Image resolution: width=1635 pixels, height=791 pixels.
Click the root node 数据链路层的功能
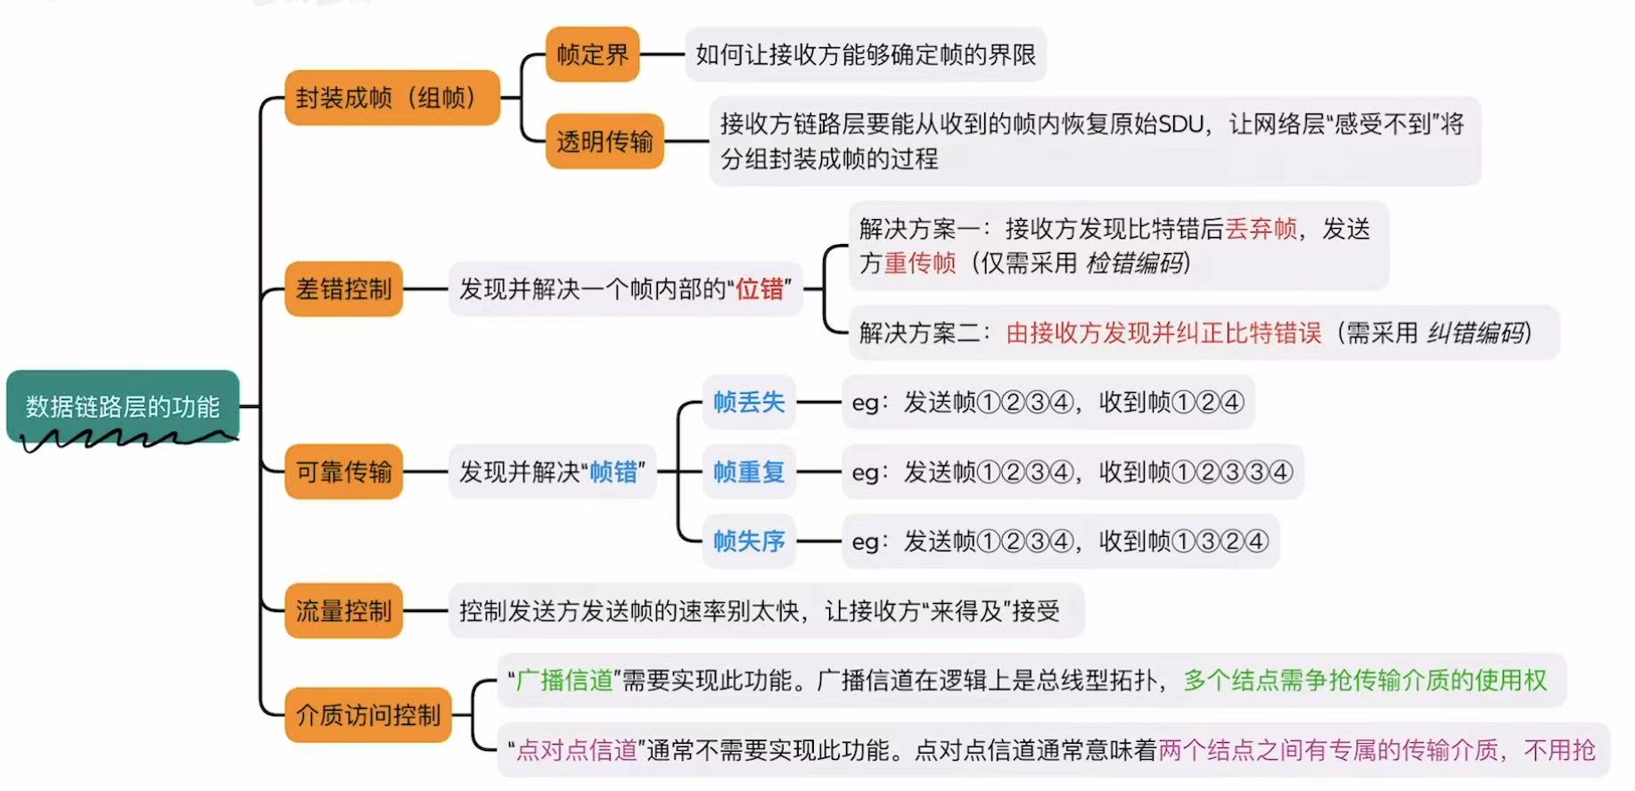click(x=122, y=406)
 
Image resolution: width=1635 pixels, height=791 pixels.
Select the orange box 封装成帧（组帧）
click(x=390, y=97)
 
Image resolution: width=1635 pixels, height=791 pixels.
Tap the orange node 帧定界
click(x=592, y=54)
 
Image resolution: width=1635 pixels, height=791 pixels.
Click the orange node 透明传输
click(x=604, y=141)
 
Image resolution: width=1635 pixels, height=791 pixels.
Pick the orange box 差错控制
click(x=343, y=289)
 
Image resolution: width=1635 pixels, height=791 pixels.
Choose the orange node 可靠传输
click(x=343, y=471)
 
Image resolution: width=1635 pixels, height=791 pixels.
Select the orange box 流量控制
click(x=343, y=610)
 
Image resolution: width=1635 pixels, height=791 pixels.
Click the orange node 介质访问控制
click(x=367, y=714)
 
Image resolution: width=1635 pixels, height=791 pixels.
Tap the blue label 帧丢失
click(x=748, y=402)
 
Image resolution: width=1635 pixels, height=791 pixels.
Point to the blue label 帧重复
click(x=748, y=471)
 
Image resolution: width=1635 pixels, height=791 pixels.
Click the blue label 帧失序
click(x=748, y=541)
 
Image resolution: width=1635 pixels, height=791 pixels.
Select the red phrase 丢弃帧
click(x=1261, y=229)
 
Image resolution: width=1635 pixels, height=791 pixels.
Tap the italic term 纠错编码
click(x=1475, y=332)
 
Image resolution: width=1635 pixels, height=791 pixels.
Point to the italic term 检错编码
click(x=1135, y=263)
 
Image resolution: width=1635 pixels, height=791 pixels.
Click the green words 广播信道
click(x=564, y=681)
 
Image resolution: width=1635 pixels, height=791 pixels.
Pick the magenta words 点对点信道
click(x=576, y=750)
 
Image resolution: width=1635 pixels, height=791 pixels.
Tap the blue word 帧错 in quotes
click(x=613, y=471)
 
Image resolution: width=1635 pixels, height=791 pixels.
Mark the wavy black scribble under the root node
click(x=125, y=439)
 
